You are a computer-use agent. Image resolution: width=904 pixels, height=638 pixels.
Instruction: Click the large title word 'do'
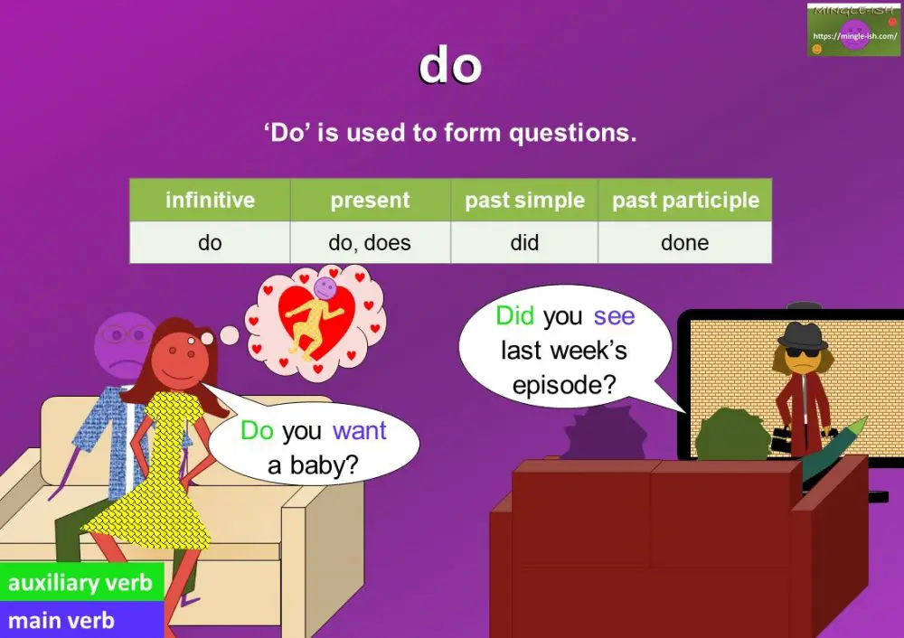[450, 66]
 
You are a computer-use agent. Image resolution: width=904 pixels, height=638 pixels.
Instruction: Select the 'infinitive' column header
[210, 200]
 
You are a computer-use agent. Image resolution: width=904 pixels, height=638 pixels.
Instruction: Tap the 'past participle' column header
[685, 200]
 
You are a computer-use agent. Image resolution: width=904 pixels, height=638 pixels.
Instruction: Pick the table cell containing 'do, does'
[370, 242]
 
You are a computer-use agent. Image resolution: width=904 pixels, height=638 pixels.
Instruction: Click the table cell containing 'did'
[524, 242]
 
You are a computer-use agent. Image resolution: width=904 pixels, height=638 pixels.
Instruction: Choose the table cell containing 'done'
[685, 242]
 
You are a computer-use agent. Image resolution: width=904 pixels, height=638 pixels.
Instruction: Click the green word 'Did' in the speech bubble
[515, 316]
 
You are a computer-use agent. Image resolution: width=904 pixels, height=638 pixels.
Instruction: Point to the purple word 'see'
[614, 316]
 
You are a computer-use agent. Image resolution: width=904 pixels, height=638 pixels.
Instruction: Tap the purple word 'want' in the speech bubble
[359, 431]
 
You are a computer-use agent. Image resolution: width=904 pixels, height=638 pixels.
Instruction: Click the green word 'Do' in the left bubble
[257, 431]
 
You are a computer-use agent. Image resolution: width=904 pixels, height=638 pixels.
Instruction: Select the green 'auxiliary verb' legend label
[80, 583]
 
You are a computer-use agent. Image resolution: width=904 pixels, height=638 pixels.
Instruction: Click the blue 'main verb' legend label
[61, 621]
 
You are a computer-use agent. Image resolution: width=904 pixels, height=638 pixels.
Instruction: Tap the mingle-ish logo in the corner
[854, 30]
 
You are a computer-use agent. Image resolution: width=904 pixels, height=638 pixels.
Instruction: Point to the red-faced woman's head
[181, 357]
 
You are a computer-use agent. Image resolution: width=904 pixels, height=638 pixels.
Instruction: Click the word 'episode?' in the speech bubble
[564, 385]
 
